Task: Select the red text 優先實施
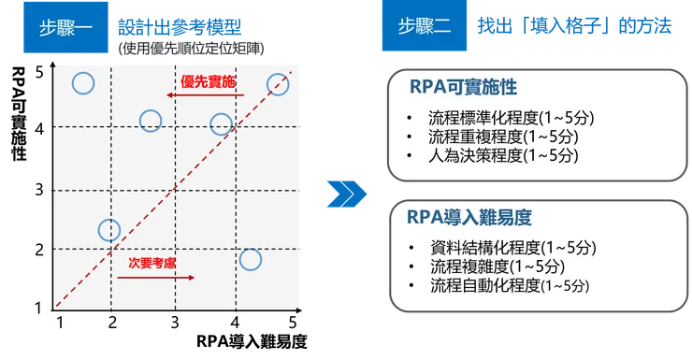[x=209, y=82]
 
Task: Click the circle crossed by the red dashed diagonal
[x=278, y=84]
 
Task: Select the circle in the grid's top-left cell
[x=82, y=84]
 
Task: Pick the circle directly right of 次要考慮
[x=250, y=259]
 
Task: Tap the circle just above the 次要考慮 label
[x=109, y=229]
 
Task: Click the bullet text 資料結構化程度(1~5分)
[x=512, y=249]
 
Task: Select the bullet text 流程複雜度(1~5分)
[x=489, y=266]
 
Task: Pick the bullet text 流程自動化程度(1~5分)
[x=510, y=285]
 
